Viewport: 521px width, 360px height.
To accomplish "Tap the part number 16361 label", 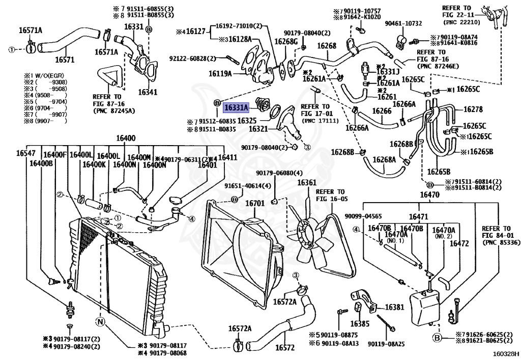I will click(x=307, y=183).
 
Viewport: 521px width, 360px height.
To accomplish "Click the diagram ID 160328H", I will click(x=506, y=353).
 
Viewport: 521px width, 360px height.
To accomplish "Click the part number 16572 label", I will click(x=285, y=348).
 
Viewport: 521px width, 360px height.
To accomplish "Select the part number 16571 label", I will click(x=65, y=60).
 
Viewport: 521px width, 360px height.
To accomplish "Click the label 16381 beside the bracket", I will click(x=394, y=308).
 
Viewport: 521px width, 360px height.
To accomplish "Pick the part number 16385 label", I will click(x=359, y=323).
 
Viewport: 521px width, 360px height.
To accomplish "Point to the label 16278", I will click(x=473, y=109).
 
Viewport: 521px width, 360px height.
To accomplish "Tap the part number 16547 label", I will click(x=25, y=153).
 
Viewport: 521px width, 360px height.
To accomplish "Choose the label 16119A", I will click(x=220, y=73).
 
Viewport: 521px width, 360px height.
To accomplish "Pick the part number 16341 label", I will click(x=148, y=93).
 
